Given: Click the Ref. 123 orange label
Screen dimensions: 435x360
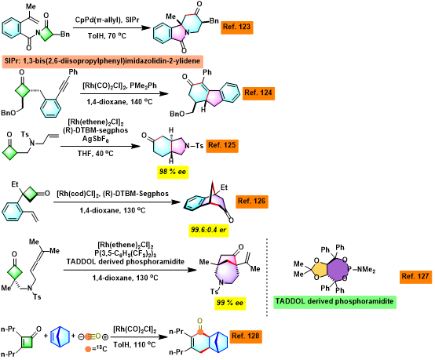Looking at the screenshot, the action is [x=237, y=27].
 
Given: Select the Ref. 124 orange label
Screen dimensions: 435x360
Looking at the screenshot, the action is [x=258, y=93].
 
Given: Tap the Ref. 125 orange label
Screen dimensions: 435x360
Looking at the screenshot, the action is [x=222, y=145].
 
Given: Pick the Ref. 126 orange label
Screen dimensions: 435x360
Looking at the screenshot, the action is [x=252, y=202].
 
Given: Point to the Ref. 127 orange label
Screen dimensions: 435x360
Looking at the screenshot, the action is [x=415, y=277].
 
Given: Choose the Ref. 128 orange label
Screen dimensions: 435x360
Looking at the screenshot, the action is [x=246, y=336].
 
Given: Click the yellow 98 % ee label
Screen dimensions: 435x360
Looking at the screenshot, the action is [x=173, y=172].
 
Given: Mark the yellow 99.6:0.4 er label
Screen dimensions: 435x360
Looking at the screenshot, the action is [x=209, y=230].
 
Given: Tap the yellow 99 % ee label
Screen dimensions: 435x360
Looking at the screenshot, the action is [x=230, y=303].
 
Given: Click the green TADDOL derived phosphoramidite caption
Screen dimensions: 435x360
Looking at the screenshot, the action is [x=334, y=301].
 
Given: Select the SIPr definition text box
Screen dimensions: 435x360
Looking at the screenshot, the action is [x=102, y=61].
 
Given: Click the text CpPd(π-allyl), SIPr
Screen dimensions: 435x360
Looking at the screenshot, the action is [x=107, y=20].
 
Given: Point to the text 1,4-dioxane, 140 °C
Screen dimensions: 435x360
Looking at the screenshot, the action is [x=119, y=102].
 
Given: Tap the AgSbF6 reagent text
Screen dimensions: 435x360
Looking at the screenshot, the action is [x=96, y=139].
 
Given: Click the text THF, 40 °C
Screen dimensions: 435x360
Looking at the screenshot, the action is [x=96, y=154].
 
